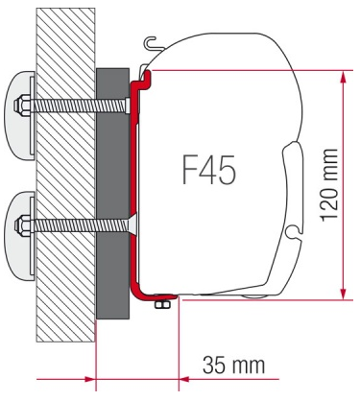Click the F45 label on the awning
click(x=209, y=169)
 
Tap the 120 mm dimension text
click(x=329, y=185)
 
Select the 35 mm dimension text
click(x=234, y=365)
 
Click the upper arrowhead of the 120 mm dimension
click(x=343, y=77)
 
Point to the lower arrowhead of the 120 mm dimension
click(x=343, y=294)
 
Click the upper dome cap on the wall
click(x=20, y=116)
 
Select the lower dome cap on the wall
click(x=20, y=236)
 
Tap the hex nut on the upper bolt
click(x=22, y=105)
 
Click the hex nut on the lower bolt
click(x=22, y=224)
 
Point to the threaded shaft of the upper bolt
click(x=79, y=106)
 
